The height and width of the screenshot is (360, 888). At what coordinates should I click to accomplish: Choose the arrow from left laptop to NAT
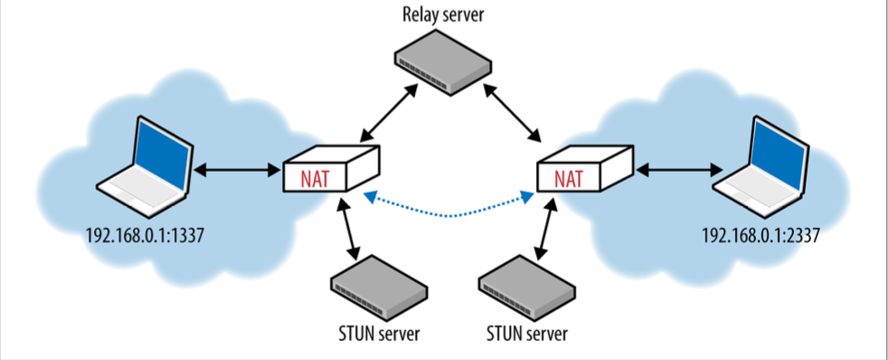[238, 169]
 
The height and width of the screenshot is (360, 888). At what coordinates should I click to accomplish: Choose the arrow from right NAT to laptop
[677, 169]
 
